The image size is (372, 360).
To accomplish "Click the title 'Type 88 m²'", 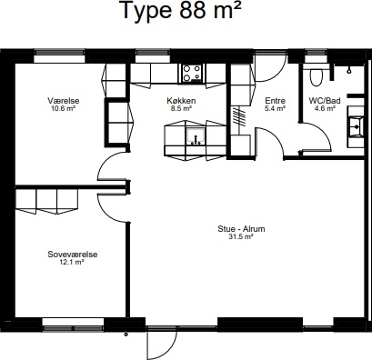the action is coord(181,10).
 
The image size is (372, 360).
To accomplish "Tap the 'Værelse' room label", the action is coord(64,101).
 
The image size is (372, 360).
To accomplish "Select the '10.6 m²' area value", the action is coord(64,108).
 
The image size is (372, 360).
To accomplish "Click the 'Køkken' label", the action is coord(181,101).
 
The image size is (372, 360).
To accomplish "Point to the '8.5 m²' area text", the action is coord(181,108).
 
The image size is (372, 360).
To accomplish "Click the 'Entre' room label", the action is coord(276,101).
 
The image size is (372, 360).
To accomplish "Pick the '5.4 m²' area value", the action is coord(276,108).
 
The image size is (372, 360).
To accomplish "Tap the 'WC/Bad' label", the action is coord(325,101).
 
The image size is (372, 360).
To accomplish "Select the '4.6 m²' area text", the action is coord(325,108).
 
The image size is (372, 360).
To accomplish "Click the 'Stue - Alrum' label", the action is coord(241,229).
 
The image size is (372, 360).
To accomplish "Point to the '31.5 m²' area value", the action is coord(241,237).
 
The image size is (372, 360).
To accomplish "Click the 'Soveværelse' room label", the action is coord(73,255).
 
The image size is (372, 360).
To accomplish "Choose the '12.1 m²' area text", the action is coord(72,263).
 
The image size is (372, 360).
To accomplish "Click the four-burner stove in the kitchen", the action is coord(192,74).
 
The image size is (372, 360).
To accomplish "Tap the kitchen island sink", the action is coord(196,136).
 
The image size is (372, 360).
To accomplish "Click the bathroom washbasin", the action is coord(356,126).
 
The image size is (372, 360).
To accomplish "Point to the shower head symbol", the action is coord(349,71).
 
